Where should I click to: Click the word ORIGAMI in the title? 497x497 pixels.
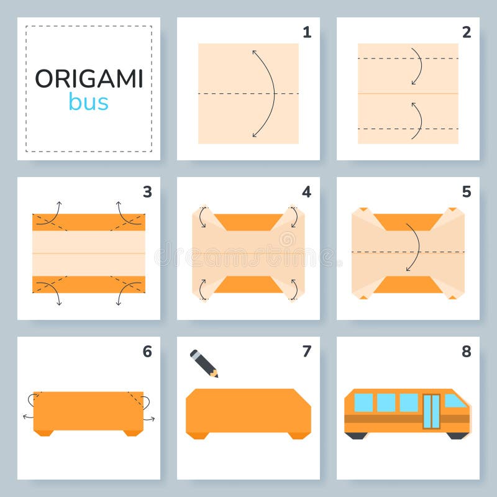[x=89, y=79]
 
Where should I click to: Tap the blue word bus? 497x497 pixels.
[x=88, y=103]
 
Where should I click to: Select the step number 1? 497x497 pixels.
[x=306, y=32]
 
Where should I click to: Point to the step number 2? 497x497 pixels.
[x=466, y=32]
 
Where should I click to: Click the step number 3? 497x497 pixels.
[x=147, y=192]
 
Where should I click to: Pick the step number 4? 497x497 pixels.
[x=306, y=192]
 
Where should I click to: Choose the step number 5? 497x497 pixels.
[x=466, y=192]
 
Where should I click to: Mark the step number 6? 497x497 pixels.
[x=147, y=352]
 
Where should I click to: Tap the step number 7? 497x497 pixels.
[x=306, y=352]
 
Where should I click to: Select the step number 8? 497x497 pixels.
[x=466, y=352]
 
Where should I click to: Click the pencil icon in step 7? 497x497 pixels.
[x=204, y=363]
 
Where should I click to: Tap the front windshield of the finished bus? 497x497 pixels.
[x=455, y=401]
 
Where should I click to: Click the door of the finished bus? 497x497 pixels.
[x=431, y=411]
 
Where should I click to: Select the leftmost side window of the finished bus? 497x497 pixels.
[x=363, y=403]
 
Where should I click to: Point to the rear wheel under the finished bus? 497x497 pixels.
[x=357, y=435]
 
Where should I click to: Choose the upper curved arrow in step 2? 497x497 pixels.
[x=417, y=66]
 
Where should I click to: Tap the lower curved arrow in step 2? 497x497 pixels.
[x=417, y=121]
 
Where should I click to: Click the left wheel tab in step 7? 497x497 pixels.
[x=198, y=435]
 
